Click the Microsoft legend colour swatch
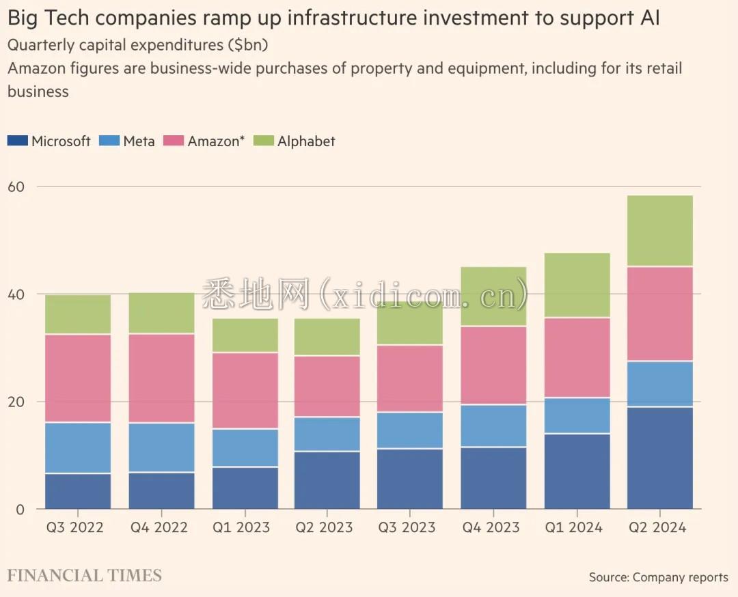pos(18,141)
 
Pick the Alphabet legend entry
pos(305,141)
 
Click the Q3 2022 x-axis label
pos(75,527)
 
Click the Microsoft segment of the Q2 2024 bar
pos(659,458)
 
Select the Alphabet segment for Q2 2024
pos(659,231)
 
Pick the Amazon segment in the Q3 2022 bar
pos(78,378)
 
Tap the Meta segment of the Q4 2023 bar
pos(493,426)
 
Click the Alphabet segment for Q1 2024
pos(577,286)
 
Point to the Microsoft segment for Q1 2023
pos(244,488)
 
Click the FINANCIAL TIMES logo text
pos(85,576)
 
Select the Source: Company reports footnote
pos(658,577)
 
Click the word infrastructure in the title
pos(348,18)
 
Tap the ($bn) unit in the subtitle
pos(247,45)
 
